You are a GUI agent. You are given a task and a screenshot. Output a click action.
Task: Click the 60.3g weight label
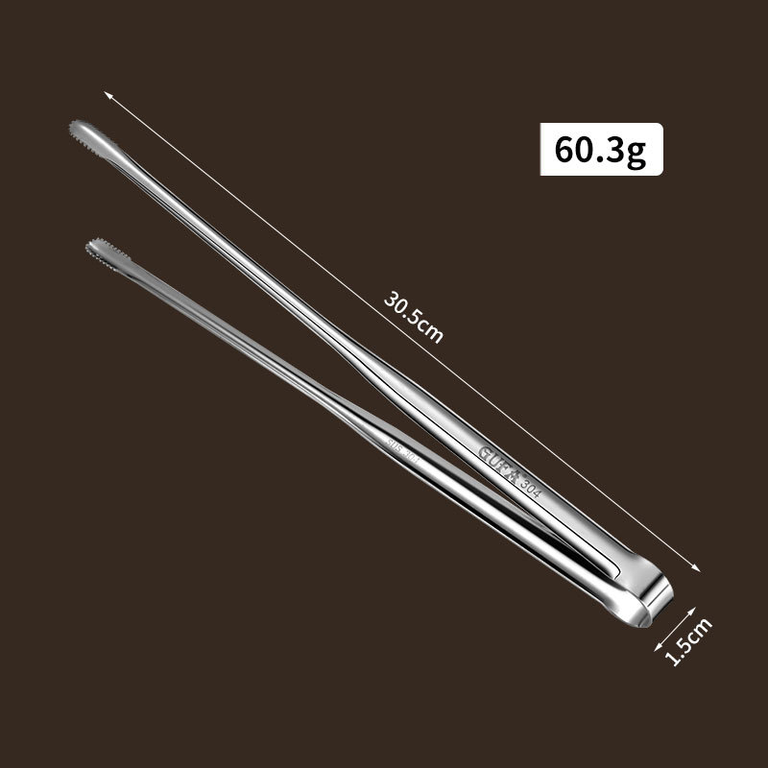pyautogui.click(x=601, y=151)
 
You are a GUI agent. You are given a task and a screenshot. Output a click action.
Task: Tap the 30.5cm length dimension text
pyautogui.click(x=414, y=315)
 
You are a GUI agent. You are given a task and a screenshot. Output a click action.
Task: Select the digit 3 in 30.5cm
pyautogui.click(x=391, y=294)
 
